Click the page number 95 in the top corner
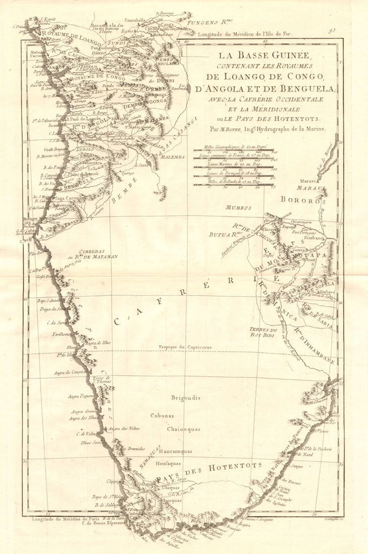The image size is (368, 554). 346,30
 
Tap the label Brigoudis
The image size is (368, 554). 185,397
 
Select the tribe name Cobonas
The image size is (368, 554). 163,415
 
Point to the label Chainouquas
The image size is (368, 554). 184,429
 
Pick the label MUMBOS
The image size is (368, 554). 239,207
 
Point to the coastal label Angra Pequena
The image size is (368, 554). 81,396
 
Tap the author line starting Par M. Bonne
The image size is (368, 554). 269,129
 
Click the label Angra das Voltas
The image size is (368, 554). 124,429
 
